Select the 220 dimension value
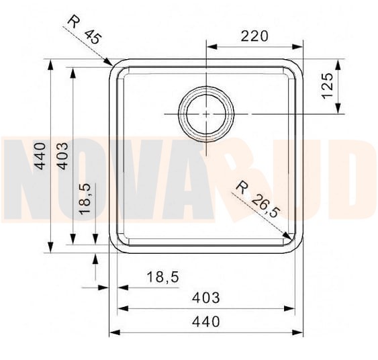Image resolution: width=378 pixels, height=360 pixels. pyautogui.click(x=254, y=36)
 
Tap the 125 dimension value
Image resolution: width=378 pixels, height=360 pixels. pyautogui.click(x=327, y=86)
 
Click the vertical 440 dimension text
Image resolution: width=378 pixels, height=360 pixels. pyautogui.click(x=41, y=155)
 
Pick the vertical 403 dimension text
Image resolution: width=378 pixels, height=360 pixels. pyautogui.click(x=62, y=155)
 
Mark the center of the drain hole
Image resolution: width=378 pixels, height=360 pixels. pyautogui.click(x=206, y=114)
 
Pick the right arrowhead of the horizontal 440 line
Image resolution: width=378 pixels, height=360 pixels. pyautogui.click(x=299, y=332)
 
